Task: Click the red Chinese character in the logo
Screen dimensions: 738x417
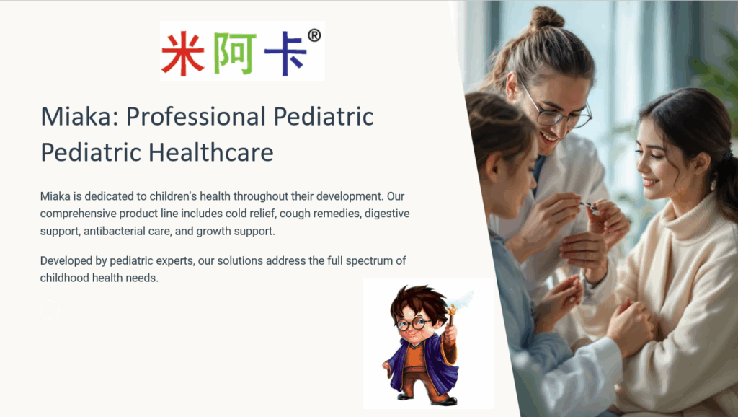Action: pos(182,53)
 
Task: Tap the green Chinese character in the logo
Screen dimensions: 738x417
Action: pos(235,53)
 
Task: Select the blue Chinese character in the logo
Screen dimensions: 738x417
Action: pos(285,53)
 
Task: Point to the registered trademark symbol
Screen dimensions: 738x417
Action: pos(314,35)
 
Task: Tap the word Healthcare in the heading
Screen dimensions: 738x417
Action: pos(211,152)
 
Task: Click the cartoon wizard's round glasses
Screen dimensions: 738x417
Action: pos(413,324)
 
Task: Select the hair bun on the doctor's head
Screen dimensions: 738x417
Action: pos(547,18)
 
